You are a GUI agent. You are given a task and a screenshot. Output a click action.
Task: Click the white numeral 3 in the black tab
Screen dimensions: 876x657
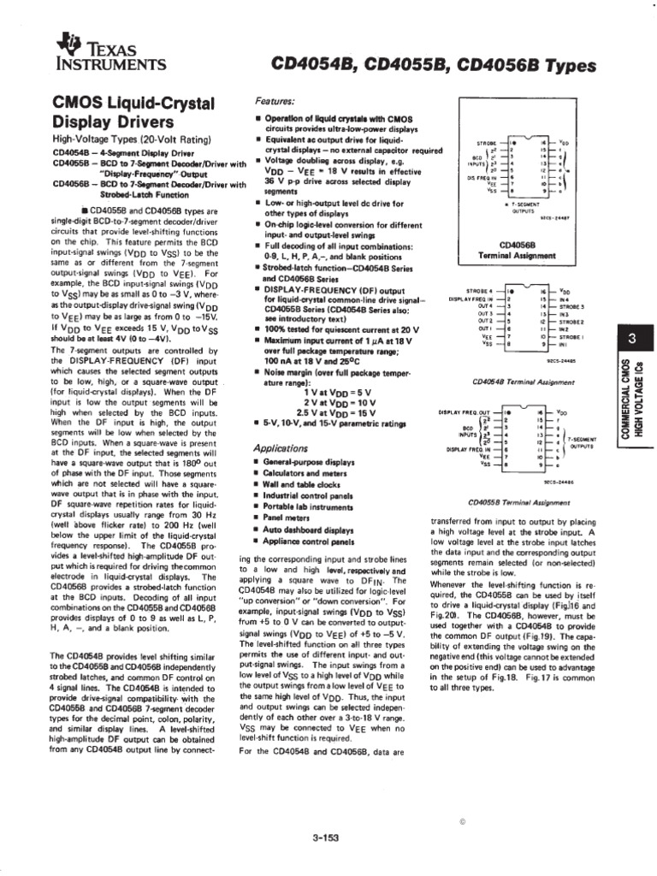(x=630, y=340)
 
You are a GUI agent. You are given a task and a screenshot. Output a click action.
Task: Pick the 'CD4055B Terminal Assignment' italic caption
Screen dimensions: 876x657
(x=515, y=503)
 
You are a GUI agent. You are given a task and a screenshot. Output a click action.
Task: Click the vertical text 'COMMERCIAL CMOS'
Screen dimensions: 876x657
(x=625, y=401)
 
